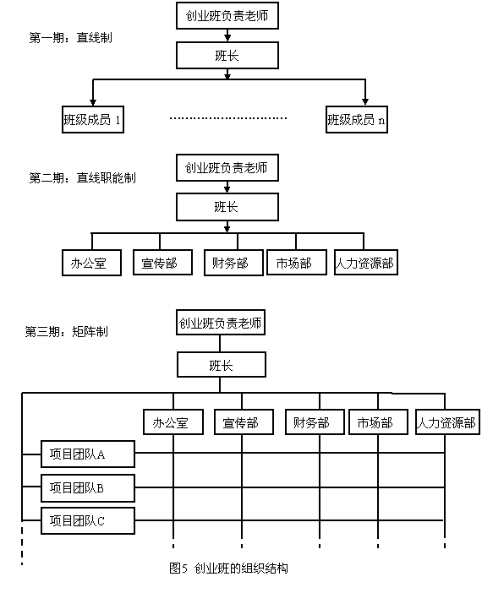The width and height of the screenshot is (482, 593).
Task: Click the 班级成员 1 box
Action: (x=93, y=119)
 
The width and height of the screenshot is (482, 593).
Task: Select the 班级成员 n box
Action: (x=357, y=119)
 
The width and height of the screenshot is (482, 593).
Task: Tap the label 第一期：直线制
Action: (x=71, y=38)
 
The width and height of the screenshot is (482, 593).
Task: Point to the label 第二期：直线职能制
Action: (x=83, y=177)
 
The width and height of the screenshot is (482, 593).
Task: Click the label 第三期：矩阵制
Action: (x=67, y=332)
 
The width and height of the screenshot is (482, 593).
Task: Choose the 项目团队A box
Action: (x=88, y=454)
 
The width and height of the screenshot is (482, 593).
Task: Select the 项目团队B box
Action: (x=88, y=488)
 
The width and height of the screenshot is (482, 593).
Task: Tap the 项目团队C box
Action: (x=88, y=520)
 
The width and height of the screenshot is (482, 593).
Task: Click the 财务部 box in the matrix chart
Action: (x=315, y=422)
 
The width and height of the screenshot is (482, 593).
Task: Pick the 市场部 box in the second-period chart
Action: (x=297, y=262)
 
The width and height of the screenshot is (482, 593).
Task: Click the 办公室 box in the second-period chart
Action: (x=91, y=263)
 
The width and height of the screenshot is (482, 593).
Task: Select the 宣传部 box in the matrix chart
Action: (x=244, y=422)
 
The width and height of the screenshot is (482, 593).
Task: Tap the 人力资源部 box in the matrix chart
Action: (x=447, y=422)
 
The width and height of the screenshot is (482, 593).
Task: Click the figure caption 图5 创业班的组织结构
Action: (x=228, y=568)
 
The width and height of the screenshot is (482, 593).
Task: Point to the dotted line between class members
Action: (x=228, y=118)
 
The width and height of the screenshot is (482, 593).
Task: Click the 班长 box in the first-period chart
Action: (x=227, y=55)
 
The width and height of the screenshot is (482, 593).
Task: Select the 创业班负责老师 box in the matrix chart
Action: (x=221, y=322)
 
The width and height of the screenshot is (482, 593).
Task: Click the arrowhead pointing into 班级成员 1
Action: (x=93, y=102)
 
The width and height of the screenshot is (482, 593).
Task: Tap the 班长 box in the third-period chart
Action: (x=221, y=365)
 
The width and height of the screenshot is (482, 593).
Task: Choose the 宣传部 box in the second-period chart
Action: (x=163, y=262)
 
